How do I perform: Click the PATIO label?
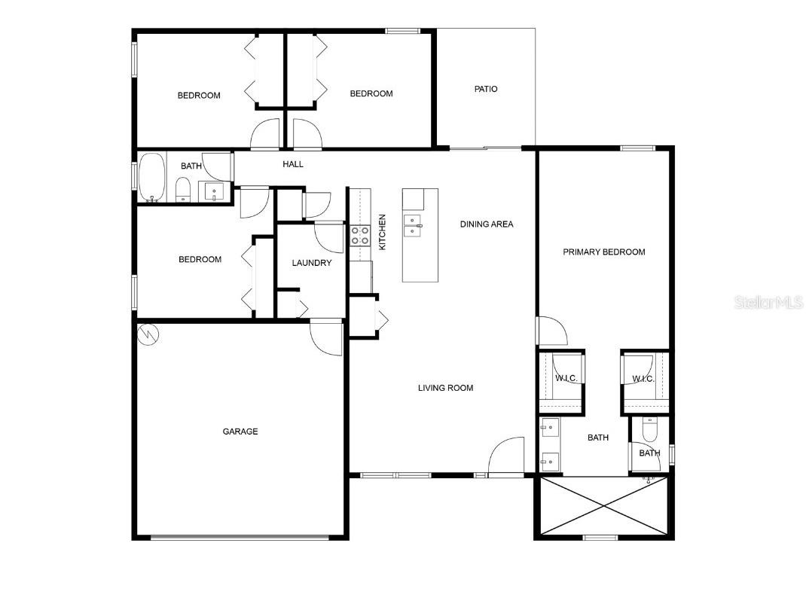tap(486, 89)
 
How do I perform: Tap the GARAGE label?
tap(240, 432)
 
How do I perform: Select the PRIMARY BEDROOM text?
tap(604, 252)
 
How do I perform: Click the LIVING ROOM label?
tap(446, 388)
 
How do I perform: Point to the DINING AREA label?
tap(487, 224)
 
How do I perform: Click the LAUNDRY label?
tap(312, 263)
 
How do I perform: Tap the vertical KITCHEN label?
tap(382, 232)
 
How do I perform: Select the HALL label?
tap(293, 164)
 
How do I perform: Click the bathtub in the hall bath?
tap(152, 178)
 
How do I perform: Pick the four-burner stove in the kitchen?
tap(359, 236)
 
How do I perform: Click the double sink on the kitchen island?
tap(412, 224)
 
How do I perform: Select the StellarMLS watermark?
tap(768, 303)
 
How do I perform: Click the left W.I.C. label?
tap(566, 378)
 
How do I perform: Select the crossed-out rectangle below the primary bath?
tap(604, 507)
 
